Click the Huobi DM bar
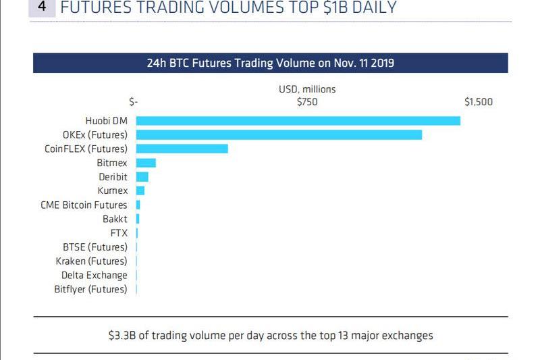298,121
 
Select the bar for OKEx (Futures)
279,134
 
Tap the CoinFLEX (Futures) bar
182,149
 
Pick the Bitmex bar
146,163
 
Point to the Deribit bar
142,177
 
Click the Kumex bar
140,190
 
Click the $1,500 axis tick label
479,102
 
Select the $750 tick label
307,102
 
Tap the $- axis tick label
134,102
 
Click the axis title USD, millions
307,89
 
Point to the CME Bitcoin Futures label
84,205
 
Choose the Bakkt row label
115,219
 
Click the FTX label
119,233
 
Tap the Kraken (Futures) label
91,261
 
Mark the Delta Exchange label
94,275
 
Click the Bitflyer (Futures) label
90,289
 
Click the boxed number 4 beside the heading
43,7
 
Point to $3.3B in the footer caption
121,334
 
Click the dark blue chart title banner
270,63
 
